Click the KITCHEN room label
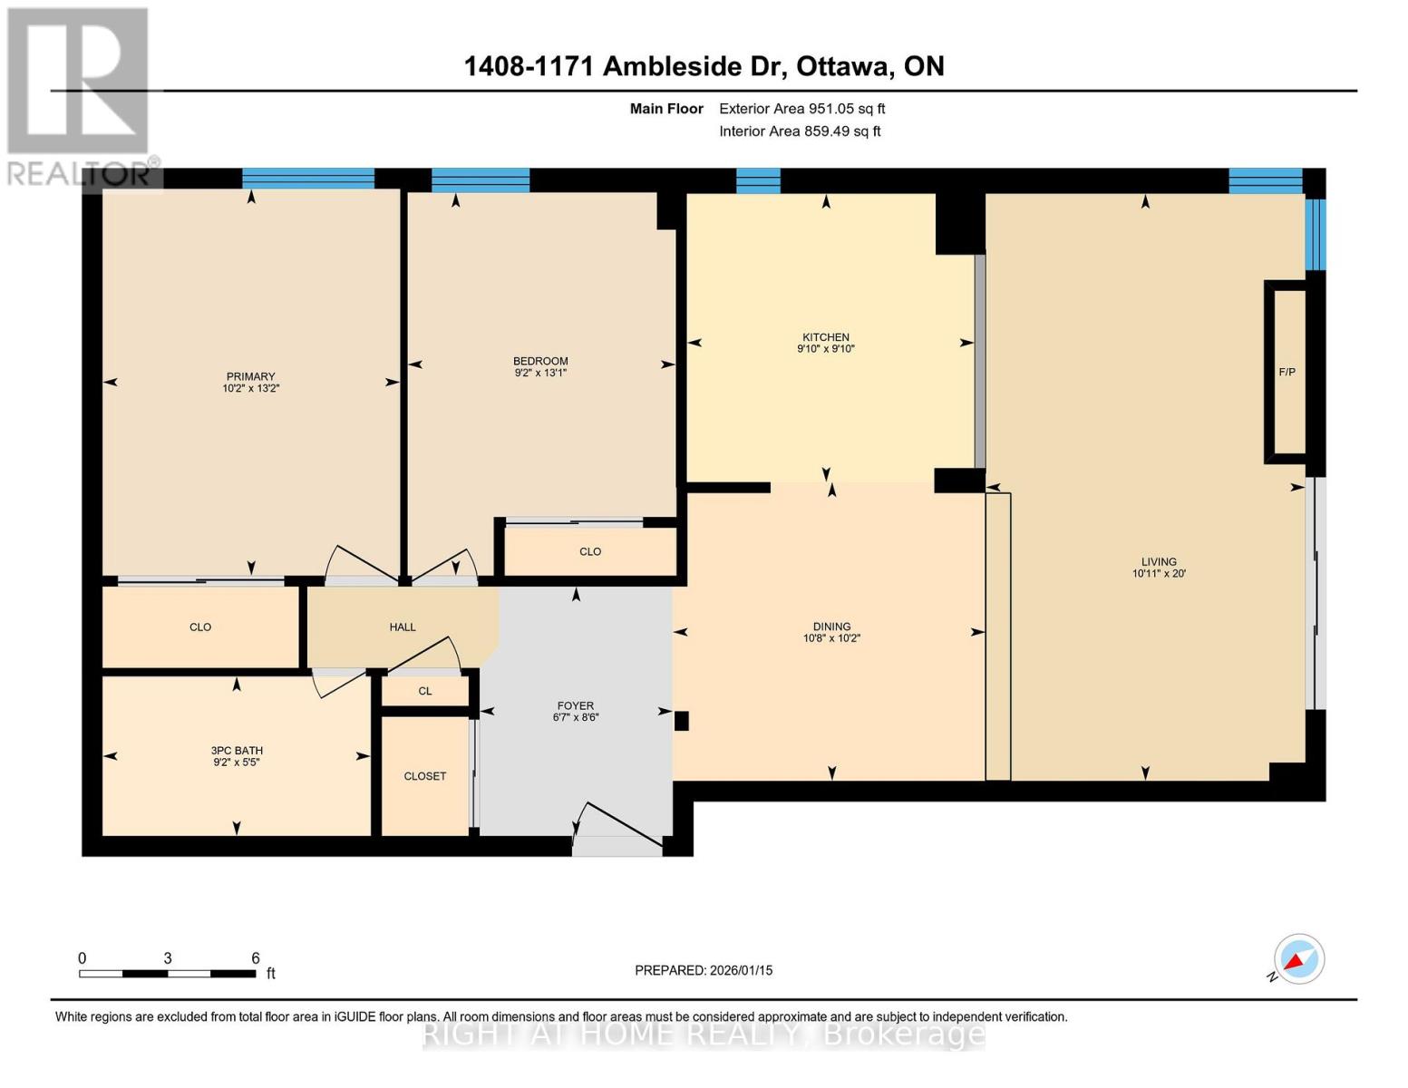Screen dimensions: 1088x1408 coord(824,337)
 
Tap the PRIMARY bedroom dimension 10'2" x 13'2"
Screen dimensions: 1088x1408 coord(250,388)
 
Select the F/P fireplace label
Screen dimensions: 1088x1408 coord(1287,372)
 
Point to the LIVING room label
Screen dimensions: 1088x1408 coord(1159,561)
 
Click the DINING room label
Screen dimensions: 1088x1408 coord(831,627)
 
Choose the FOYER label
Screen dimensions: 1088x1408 coord(576,705)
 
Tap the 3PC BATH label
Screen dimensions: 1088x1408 coord(237,751)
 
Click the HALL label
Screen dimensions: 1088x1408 coord(403,627)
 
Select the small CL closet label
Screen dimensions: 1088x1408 coord(425,691)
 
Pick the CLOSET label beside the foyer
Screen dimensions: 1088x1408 coord(425,776)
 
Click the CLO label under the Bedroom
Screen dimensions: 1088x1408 coord(590,551)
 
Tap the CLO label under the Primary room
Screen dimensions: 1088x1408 coord(200,627)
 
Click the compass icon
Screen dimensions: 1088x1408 coord(1298,959)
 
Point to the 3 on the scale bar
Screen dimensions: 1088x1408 coord(168,958)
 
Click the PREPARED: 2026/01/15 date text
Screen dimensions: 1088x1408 coord(704,970)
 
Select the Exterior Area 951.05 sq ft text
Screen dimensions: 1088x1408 coord(801,109)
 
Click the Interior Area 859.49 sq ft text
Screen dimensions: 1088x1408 coord(800,131)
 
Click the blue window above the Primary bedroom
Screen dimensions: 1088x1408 coord(308,178)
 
